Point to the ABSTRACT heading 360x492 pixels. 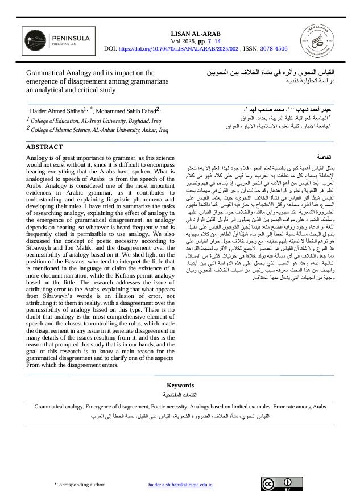(45, 147)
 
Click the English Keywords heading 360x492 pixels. (180, 386)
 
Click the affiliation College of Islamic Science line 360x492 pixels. (100, 130)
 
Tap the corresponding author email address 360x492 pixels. (180, 485)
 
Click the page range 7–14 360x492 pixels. (214, 42)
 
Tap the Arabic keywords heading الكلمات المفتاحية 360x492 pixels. (180, 394)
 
